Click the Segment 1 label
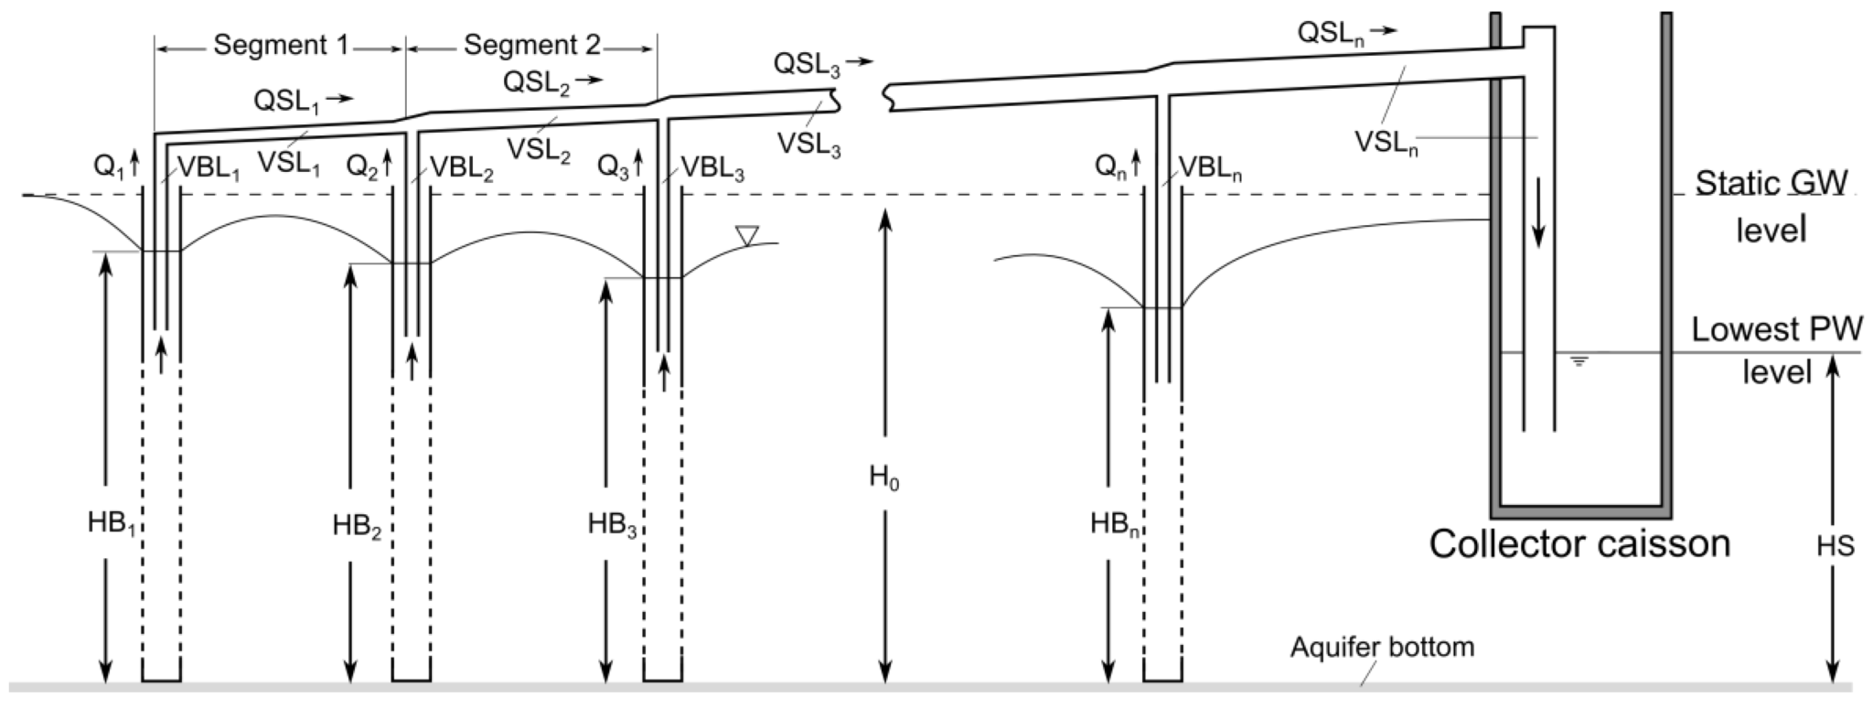(x=281, y=45)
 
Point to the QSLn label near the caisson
(x=1336, y=34)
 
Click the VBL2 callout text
(x=461, y=169)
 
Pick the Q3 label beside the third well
(x=614, y=167)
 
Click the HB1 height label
(x=111, y=523)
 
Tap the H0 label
(x=883, y=477)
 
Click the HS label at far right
(x=1835, y=545)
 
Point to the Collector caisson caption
(x=1579, y=543)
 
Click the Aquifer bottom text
(x=1382, y=648)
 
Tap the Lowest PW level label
(x=1776, y=350)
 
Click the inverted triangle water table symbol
(x=747, y=236)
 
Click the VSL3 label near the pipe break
(x=808, y=145)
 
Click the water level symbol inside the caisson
(x=1579, y=360)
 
